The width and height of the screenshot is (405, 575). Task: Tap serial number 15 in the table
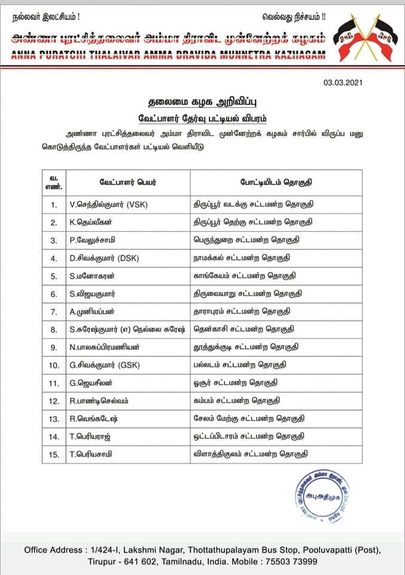(54, 455)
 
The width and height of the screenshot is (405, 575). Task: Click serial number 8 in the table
(54, 329)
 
